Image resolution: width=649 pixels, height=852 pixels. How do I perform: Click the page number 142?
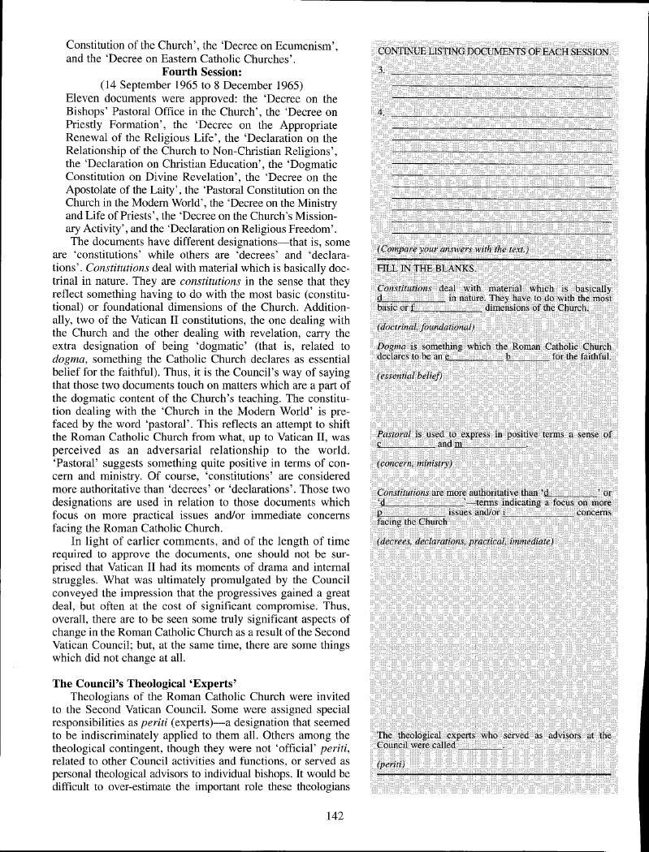click(x=335, y=816)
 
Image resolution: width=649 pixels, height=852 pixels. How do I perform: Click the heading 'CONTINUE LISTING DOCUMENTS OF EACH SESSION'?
click(x=493, y=51)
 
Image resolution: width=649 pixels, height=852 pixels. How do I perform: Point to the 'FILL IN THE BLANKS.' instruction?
click(x=427, y=268)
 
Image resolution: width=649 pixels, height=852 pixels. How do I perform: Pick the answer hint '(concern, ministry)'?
click(x=415, y=463)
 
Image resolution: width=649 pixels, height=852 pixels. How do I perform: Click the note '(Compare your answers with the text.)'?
click(x=453, y=247)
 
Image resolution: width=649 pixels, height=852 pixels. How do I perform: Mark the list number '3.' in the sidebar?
click(x=382, y=71)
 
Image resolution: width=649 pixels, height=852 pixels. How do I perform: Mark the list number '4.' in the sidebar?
click(x=382, y=112)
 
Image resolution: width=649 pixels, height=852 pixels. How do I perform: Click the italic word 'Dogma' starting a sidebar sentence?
click(x=393, y=346)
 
